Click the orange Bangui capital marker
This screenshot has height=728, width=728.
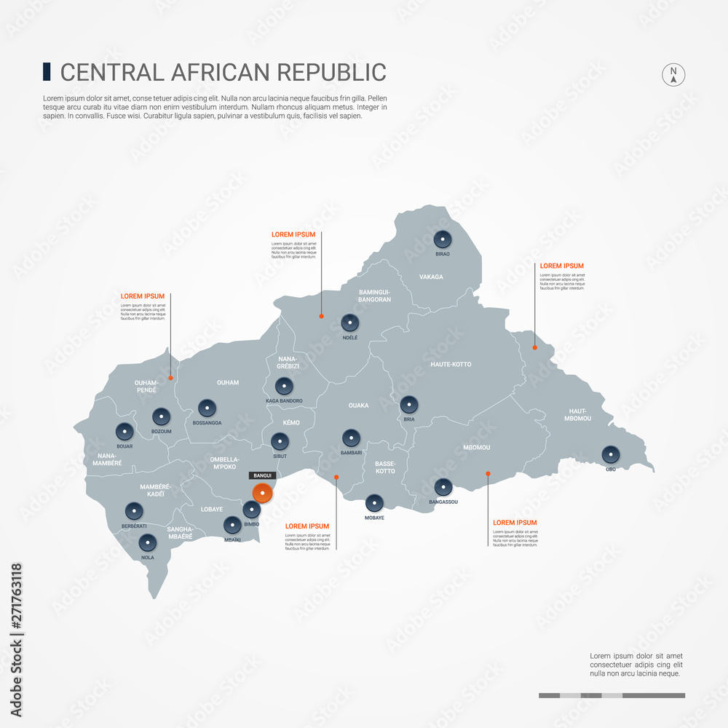click(x=262, y=493)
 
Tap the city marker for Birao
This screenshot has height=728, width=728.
click(x=442, y=239)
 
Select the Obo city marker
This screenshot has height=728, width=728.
click(x=610, y=455)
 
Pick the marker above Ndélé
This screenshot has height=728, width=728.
click(x=350, y=323)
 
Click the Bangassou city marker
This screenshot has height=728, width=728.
click(x=443, y=487)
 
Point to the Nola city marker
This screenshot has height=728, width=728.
click(x=148, y=543)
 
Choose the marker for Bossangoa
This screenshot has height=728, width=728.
click(x=207, y=408)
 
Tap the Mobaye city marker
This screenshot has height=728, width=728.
click(x=374, y=503)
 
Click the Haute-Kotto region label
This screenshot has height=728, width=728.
click(x=451, y=364)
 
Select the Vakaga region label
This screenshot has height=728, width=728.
click(x=431, y=277)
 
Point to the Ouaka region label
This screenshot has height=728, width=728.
click(x=358, y=405)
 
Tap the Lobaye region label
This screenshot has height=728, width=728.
click(x=212, y=510)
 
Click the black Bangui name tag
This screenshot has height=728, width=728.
click(x=262, y=475)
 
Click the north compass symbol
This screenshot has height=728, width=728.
click(x=673, y=74)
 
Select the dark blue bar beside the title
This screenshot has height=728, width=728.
click(x=47, y=71)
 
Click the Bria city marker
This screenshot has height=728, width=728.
click(x=409, y=405)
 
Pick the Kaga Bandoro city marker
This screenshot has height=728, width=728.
click(x=284, y=387)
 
